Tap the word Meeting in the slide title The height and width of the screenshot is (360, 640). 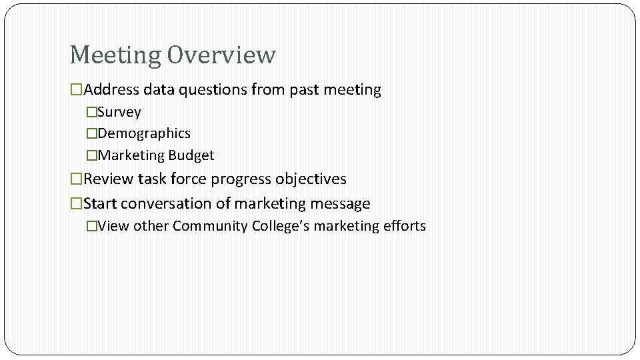coord(115,55)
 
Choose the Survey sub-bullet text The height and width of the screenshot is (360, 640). coord(119,112)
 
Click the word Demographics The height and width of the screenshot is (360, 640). coord(143,133)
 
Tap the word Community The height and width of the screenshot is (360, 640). coord(210,226)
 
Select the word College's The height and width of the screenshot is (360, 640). coord(281,226)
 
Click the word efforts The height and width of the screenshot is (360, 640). coord(404,226)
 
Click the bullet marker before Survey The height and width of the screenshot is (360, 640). coord(92,112)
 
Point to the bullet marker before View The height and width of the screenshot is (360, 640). coord(92,226)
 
